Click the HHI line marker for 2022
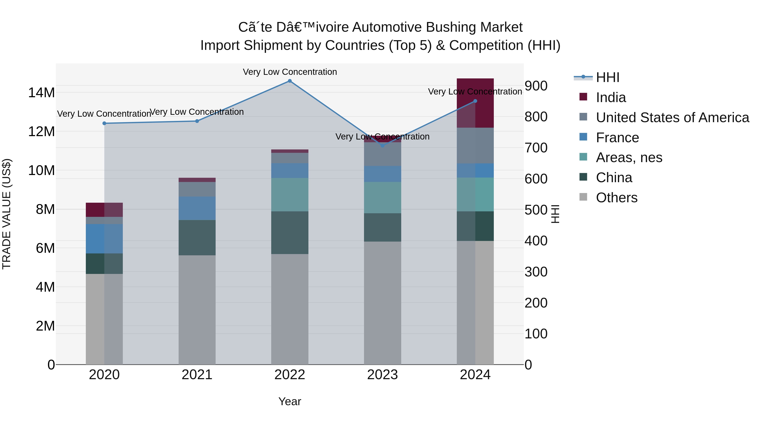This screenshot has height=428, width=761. pos(290,81)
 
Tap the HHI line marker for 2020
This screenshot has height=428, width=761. pos(104,123)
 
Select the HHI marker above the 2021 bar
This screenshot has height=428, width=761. pos(197,121)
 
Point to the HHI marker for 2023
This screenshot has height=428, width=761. pos(383,146)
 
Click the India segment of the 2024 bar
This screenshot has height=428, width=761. pos(475,103)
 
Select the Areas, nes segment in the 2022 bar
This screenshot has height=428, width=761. pos(290,195)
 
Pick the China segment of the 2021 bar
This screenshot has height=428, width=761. pos(197,238)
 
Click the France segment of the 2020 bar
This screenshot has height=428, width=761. pos(104,239)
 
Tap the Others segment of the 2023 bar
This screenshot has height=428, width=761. pos(383,303)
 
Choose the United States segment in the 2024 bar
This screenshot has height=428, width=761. pos(475,146)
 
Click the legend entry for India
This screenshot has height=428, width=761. pos(611,97)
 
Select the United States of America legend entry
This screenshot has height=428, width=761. pos(672,118)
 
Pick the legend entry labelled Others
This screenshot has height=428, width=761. pos(617,198)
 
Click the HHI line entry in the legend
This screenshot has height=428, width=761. pos(607,77)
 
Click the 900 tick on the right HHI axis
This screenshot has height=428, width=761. pos(536,86)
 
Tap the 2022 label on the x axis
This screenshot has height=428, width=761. pos(290,375)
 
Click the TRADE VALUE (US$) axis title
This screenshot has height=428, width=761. pos(7,214)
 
